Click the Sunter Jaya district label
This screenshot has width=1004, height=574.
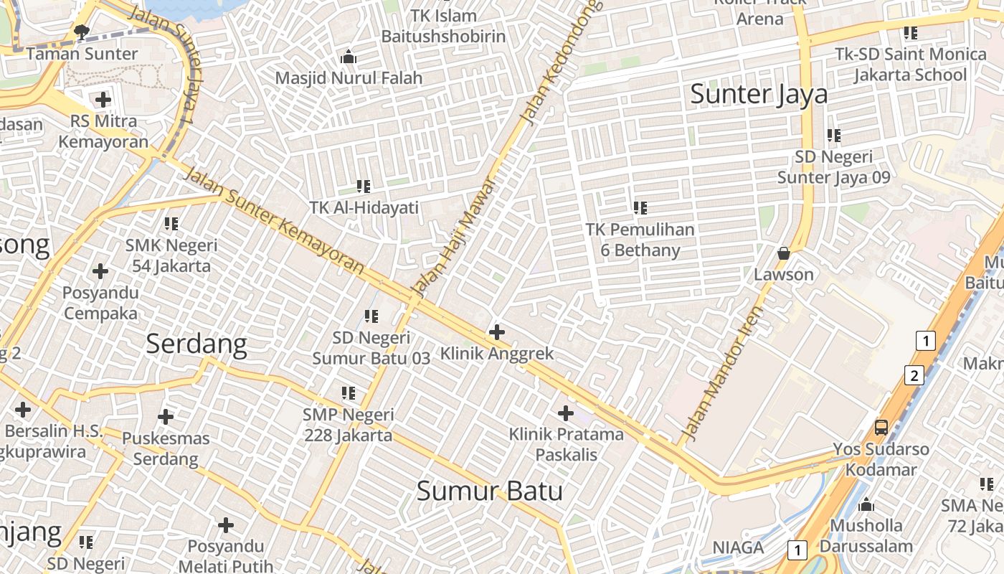tap(759, 94)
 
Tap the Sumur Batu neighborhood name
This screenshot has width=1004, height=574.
tap(489, 491)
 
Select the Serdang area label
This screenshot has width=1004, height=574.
tap(196, 344)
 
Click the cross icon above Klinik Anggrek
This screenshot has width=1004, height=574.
tap(496, 332)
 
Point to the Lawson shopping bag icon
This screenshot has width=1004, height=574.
tap(784, 253)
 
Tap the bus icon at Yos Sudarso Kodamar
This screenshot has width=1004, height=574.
tap(881, 428)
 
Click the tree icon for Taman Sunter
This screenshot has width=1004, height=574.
tap(82, 32)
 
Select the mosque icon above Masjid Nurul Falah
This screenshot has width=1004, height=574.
tap(349, 57)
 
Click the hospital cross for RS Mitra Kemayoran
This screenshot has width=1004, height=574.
tap(103, 100)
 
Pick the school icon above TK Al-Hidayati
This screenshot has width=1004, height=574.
tap(364, 187)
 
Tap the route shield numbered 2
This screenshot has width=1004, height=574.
tap(914, 375)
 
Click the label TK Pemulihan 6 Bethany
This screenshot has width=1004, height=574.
tap(640, 240)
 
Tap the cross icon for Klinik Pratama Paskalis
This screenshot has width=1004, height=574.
tap(565, 413)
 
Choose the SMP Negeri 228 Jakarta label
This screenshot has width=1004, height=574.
tap(349, 425)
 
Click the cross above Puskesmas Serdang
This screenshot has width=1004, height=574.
tap(166, 417)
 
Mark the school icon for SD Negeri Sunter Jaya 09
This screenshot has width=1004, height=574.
tap(833, 135)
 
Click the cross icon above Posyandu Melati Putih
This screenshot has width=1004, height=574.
tap(226, 526)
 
